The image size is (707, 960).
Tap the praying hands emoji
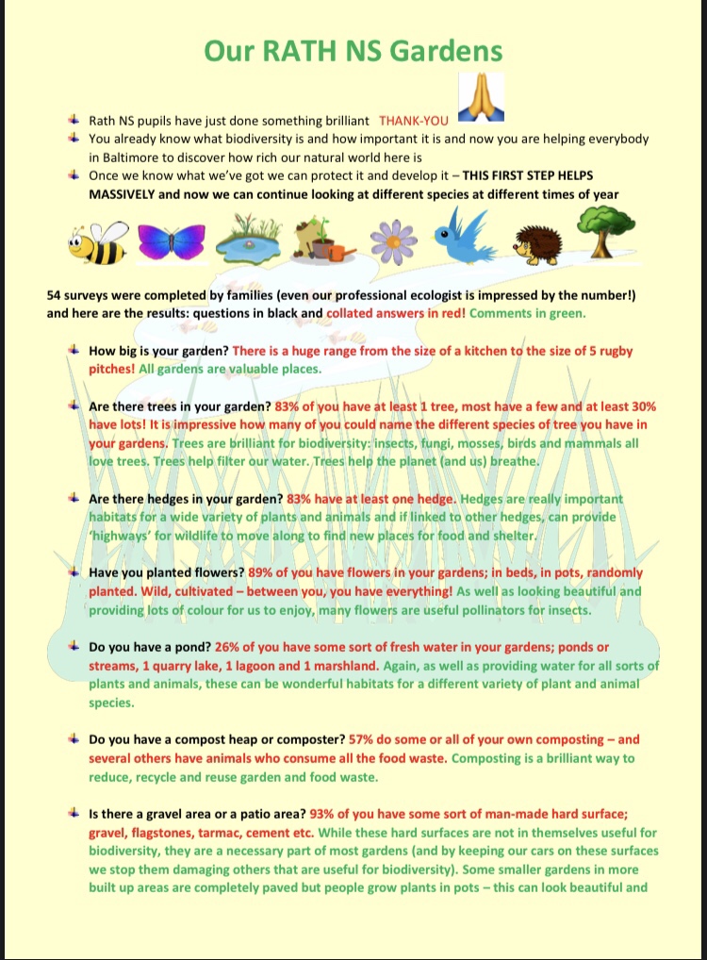475,99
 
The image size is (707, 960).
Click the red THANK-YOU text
415,121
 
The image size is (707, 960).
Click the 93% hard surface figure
337,814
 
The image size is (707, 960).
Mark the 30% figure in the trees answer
640,406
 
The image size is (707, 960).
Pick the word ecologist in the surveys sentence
433,295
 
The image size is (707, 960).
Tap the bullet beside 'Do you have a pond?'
73,646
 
